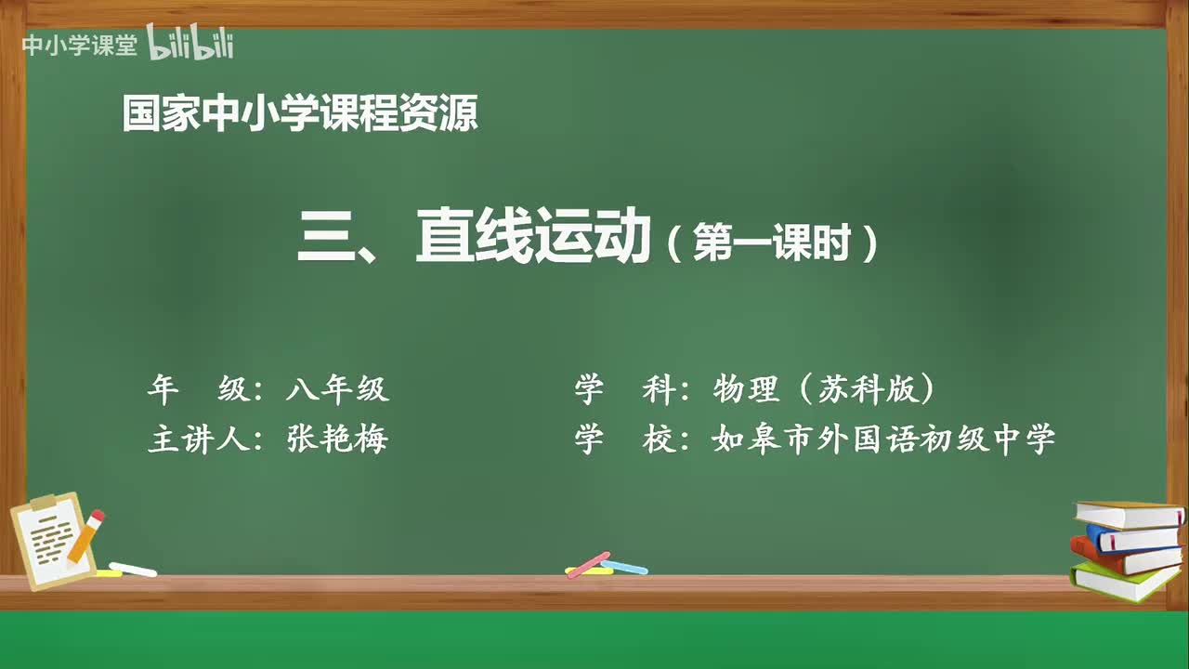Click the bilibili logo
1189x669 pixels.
tap(189, 45)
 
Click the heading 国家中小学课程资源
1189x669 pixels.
tap(300, 114)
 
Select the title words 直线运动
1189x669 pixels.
tap(531, 239)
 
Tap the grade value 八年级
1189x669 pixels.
tap(337, 389)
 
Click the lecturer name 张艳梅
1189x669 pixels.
tap(337, 439)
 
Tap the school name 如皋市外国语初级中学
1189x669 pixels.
tap(883, 439)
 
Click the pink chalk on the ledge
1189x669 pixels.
tap(587, 564)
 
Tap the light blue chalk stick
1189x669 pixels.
tap(624, 566)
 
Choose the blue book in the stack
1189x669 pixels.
tap(1131, 538)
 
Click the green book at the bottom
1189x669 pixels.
tap(1124, 582)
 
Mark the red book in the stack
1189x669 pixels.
tap(1119, 557)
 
